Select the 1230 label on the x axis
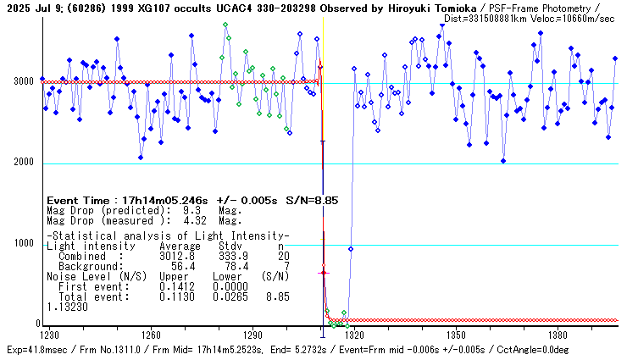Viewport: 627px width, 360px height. tap(51, 335)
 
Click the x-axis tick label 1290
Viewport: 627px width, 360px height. tap(252, 335)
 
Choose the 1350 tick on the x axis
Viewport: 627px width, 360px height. tap(456, 335)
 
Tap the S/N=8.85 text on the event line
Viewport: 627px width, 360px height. tap(313, 201)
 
